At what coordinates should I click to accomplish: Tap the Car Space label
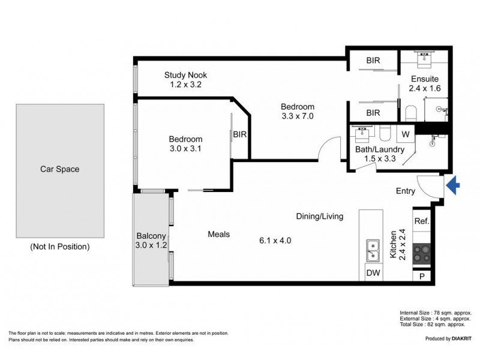[59, 169]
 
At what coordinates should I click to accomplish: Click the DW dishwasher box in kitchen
[373, 274]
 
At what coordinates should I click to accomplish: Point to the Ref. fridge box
[422, 221]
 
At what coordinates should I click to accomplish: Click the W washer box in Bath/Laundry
[405, 133]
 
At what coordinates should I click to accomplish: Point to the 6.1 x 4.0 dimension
[275, 241]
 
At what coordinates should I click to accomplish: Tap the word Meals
[219, 235]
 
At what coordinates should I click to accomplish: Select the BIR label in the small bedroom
[240, 134]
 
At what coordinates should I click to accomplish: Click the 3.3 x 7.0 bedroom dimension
[298, 116]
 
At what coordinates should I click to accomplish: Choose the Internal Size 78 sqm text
[436, 313]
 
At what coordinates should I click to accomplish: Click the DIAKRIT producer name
[458, 339]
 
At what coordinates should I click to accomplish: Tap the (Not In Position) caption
[59, 247]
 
